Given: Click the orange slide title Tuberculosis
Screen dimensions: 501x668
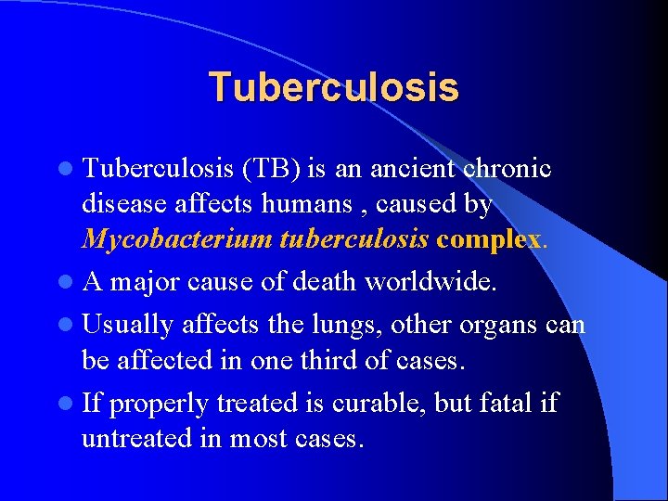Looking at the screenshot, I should click(x=333, y=87).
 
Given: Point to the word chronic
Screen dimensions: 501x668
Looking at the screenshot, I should click(x=507, y=169).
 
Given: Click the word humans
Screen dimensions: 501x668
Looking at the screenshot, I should click(x=315, y=204).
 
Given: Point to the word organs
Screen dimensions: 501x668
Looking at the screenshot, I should click(x=496, y=326).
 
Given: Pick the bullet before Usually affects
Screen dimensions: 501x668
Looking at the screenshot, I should click(x=68, y=325).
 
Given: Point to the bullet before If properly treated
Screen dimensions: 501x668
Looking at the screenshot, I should click(x=68, y=404).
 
